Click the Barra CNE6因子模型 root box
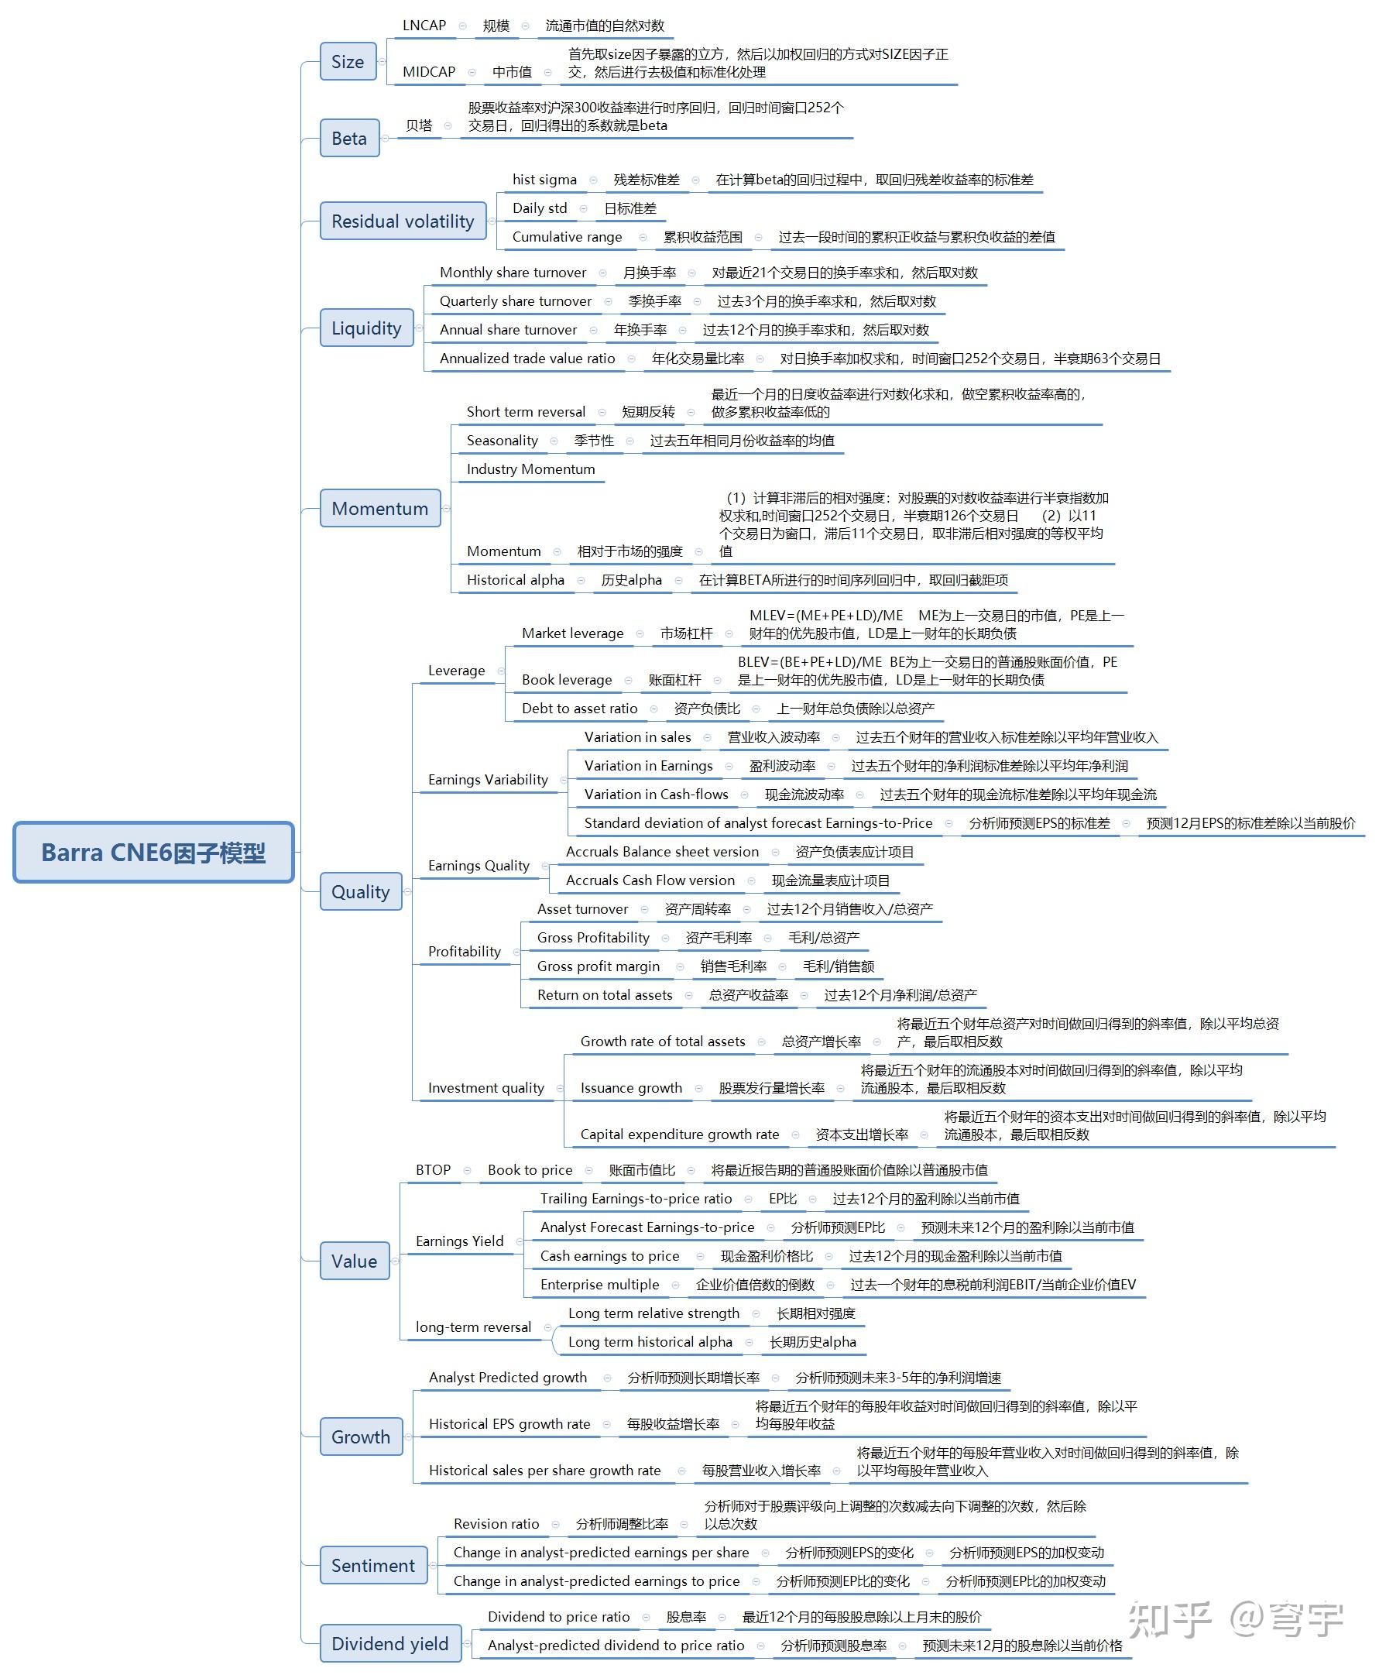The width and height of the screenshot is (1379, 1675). (153, 852)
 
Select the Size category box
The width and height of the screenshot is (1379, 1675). (348, 61)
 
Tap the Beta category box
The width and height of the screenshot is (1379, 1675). (349, 139)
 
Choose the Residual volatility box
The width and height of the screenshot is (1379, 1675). (403, 221)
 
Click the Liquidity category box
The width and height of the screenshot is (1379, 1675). (366, 328)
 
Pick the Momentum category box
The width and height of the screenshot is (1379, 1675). (379, 508)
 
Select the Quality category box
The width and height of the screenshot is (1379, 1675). (361, 891)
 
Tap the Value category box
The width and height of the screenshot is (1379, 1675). (355, 1260)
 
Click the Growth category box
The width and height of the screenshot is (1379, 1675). (361, 1436)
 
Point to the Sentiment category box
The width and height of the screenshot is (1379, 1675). (373, 1564)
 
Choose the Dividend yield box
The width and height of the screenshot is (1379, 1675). (390, 1642)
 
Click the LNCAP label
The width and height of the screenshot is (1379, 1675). (424, 26)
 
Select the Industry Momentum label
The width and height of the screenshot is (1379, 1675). (530, 469)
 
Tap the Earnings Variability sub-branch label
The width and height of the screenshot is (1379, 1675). (488, 780)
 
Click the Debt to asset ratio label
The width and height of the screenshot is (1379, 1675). (579, 708)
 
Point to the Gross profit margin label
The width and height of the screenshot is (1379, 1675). (599, 966)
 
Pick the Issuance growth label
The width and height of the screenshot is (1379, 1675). (631, 1088)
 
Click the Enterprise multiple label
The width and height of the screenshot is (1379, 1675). (600, 1284)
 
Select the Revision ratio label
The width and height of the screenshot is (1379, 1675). (496, 1523)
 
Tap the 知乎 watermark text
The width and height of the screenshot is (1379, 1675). (1169, 1618)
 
